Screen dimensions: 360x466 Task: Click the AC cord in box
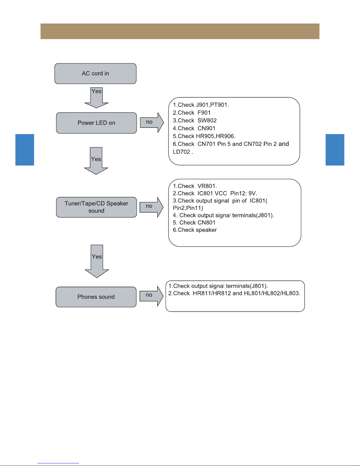[x=95, y=74]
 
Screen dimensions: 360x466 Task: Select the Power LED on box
[x=96, y=123]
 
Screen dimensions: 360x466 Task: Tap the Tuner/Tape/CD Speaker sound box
[x=96, y=207]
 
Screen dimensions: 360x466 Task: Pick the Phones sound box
[x=96, y=297]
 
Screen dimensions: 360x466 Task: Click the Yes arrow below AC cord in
[x=96, y=98]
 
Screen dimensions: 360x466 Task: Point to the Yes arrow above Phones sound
[x=97, y=261]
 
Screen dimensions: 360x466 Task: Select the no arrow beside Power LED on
[x=152, y=122]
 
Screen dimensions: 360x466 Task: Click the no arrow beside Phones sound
[x=152, y=296]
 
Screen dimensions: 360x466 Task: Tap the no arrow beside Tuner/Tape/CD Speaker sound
[x=152, y=207]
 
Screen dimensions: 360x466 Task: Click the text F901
[x=204, y=113]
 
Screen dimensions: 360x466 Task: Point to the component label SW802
[x=207, y=120]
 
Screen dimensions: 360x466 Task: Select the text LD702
[x=182, y=152]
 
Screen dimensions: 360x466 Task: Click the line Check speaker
[x=195, y=230]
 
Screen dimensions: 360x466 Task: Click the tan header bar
[x=180, y=31]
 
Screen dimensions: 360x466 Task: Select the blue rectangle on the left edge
[x=25, y=150]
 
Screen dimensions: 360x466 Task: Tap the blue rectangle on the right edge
[x=335, y=150]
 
